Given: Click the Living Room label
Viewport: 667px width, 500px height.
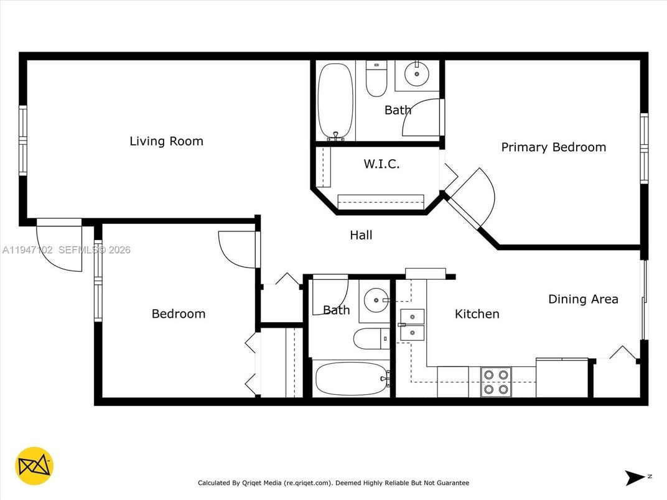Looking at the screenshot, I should coord(166,141).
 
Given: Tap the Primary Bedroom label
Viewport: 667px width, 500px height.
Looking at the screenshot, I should coord(553,147).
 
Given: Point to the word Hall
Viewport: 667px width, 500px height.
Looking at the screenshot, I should coord(361,235).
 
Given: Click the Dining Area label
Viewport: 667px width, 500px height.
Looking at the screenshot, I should coord(583,299).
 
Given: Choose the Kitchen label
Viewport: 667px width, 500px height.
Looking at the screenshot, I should coord(477,314).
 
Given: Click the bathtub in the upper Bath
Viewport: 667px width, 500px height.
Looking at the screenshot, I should coord(335,102).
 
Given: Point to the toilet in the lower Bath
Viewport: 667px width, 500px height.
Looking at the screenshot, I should coord(370,340).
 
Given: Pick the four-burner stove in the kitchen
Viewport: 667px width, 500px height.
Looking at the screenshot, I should coord(496,382).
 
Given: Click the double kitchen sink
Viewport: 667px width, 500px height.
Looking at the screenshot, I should coord(412,325).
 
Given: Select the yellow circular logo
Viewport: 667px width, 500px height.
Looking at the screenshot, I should coord(34,466).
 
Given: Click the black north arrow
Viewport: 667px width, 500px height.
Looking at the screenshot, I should coord(635,478).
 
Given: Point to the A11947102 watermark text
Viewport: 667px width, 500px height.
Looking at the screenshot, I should coord(29,250).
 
